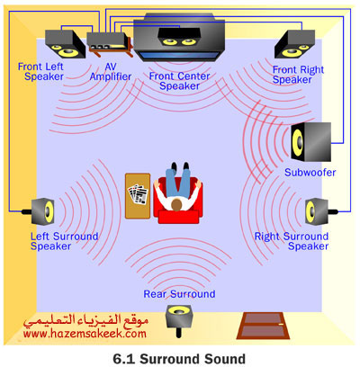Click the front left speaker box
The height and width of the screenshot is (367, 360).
tap(66, 44)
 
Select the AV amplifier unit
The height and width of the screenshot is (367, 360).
tap(110, 44)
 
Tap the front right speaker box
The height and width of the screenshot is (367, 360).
tap(294, 44)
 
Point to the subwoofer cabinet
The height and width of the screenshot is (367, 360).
tap(310, 142)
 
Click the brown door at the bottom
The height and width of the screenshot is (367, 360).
tap(264, 326)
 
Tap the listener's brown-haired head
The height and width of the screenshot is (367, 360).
tap(177, 204)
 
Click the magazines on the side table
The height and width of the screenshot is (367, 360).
tap(139, 194)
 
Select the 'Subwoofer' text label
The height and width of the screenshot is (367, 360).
tap(310, 173)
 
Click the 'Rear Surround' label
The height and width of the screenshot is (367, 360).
tap(179, 294)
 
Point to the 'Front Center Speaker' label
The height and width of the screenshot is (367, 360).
tap(179, 81)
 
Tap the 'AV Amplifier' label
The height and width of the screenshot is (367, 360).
tap(111, 72)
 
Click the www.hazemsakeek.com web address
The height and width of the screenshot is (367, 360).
tap(85, 334)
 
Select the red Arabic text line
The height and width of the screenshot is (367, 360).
tap(86, 320)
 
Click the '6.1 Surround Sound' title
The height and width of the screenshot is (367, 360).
tap(179, 359)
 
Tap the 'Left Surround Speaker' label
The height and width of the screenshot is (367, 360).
tap(64, 241)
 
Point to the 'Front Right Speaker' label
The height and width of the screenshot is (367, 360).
tap(298, 75)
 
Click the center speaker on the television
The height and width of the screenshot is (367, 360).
tap(179, 37)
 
